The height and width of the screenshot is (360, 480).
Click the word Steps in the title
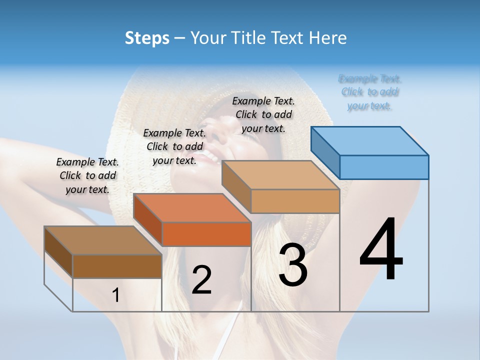click(147, 38)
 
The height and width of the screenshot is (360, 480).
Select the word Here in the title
click(329, 38)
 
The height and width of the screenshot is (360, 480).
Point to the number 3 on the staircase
click(293, 265)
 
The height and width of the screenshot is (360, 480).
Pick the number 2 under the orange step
click(201, 280)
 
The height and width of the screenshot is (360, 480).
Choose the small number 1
click(116, 295)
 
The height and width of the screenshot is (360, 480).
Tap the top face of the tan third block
click(280, 175)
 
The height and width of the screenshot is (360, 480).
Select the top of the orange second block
click(192, 208)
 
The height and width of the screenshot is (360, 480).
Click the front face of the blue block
click(384, 167)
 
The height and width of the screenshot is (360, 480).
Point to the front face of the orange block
click(206, 234)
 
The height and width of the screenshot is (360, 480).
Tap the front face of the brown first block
click(117, 266)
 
